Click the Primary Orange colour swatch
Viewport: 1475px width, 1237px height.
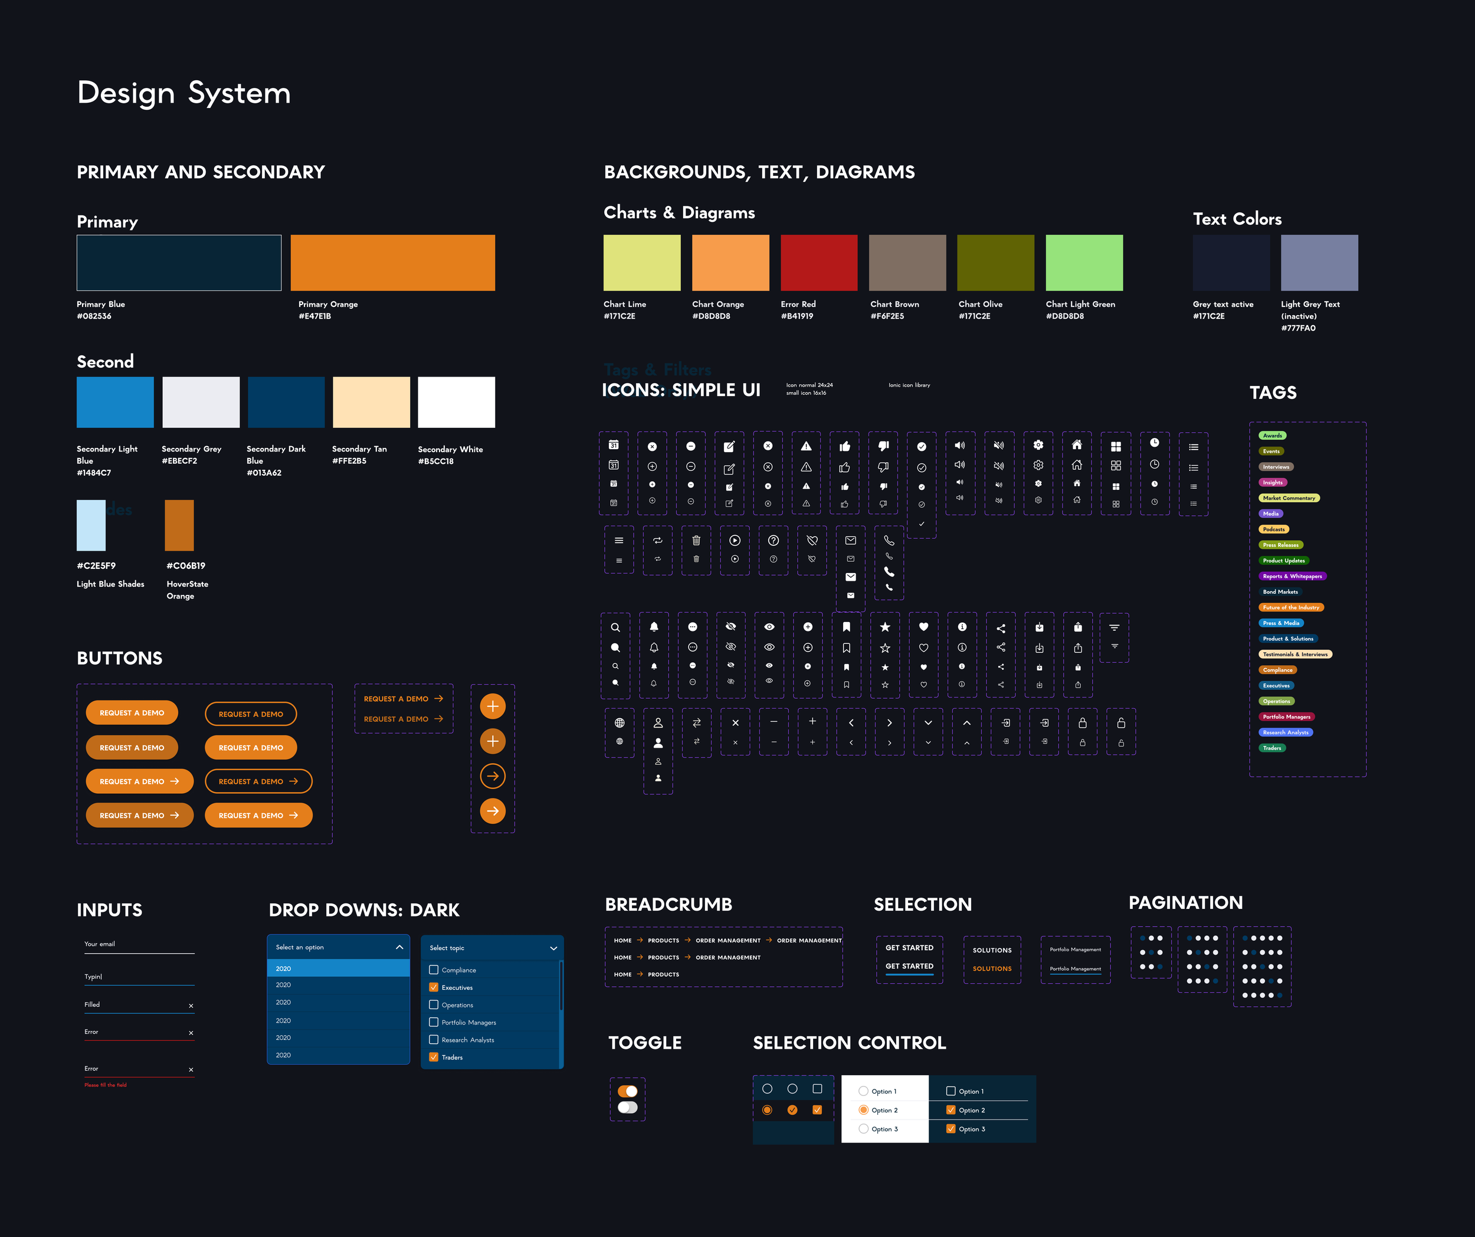[x=392, y=263]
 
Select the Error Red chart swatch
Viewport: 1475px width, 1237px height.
[x=818, y=263]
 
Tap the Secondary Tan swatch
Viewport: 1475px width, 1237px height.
[x=371, y=402]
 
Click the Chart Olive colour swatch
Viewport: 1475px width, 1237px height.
[x=995, y=263]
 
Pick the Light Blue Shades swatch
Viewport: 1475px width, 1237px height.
[x=91, y=525]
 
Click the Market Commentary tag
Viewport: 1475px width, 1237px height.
[x=1289, y=498]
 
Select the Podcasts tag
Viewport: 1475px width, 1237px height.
[x=1273, y=529]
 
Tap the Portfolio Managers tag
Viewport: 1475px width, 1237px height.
[x=1286, y=716]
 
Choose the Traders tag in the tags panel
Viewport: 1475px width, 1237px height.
[x=1272, y=748]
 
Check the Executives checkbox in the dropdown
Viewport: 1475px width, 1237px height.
[x=434, y=987]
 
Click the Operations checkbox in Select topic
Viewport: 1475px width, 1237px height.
[x=434, y=1004]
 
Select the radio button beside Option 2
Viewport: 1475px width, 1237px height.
[x=863, y=1110]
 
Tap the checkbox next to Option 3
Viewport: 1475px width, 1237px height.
[x=951, y=1129]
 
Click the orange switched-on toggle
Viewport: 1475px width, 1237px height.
[x=627, y=1091]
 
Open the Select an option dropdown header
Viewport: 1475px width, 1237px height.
[x=338, y=947]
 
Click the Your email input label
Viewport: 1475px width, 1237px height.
[x=100, y=943]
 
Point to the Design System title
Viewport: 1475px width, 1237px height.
[x=184, y=93]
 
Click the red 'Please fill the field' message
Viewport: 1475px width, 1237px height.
[x=106, y=1085]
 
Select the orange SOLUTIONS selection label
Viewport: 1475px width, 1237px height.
[x=992, y=968]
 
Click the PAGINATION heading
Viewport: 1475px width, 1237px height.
[x=1186, y=902]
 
